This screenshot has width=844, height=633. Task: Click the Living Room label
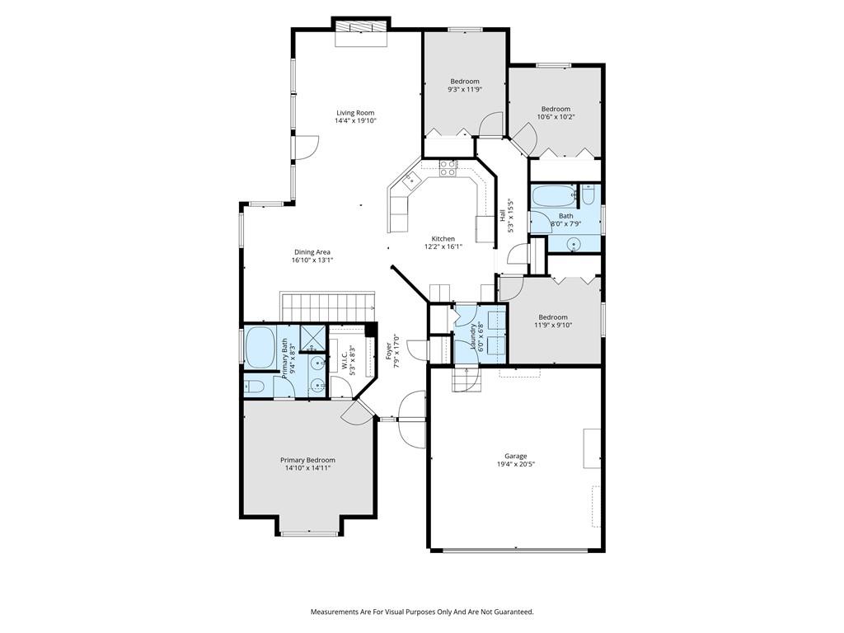pos(355,113)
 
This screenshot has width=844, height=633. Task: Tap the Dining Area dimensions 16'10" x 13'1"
pos(312,260)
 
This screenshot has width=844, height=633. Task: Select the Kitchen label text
pos(443,238)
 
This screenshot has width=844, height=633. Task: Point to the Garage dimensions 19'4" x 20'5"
pos(516,464)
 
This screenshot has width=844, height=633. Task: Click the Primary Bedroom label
pos(308,460)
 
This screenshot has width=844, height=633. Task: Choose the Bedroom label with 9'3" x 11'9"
pos(465,82)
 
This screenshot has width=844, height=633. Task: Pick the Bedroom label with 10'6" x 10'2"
pos(556,109)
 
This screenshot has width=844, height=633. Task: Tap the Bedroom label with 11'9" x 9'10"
pos(553,317)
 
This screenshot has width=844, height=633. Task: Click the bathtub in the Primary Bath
pos(260,347)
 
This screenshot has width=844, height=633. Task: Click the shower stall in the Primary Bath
pos(312,338)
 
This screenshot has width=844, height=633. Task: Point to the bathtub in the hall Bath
pos(553,196)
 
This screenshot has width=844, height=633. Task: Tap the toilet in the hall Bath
pos(588,195)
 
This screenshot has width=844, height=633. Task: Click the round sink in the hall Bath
pos(574,244)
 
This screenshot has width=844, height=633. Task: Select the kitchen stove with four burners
pos(448,168)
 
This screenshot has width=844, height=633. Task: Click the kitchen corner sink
pos(410,181)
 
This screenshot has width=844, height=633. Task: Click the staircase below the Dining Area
pos(327,307)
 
